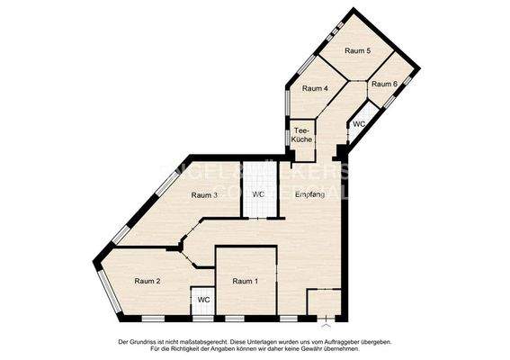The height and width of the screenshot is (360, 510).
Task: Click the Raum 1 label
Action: [245, 282]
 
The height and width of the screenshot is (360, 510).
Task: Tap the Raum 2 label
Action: [147, 282]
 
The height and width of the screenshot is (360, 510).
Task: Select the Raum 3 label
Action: [204, 195]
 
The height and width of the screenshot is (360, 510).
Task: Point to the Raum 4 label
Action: [314, 88]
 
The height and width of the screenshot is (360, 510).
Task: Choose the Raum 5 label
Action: [357, 51]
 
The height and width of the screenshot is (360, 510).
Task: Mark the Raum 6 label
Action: [384, 84]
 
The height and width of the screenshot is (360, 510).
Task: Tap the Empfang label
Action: [309, 194]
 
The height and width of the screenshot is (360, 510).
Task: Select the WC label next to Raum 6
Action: [359, 124]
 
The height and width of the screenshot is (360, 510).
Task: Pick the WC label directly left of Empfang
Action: [258, 194]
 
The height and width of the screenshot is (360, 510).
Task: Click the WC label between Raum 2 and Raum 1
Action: [204, 299]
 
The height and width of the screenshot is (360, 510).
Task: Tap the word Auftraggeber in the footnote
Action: [332, 342]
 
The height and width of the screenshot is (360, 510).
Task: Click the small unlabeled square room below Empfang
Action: [323, 301]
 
